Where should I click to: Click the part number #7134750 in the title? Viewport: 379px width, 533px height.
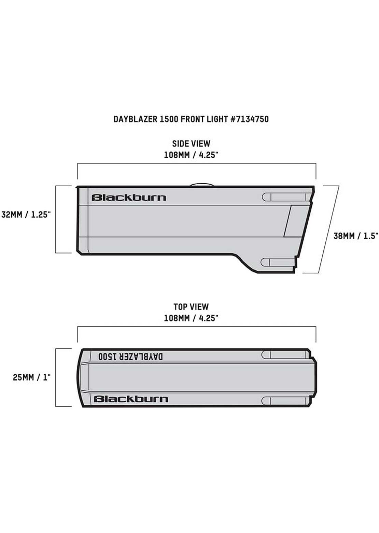click(250, 119)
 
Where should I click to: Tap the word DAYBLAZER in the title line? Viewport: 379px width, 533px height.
click(135, 119)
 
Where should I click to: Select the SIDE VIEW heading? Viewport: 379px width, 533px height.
click(191, 144)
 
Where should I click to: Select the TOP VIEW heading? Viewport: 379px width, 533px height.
click(191, 307)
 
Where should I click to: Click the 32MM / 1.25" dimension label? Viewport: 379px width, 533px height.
click(26, 215)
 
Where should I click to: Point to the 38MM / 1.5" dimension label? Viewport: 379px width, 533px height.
click(356, 236)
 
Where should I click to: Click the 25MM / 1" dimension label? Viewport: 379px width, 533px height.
click(32, 377)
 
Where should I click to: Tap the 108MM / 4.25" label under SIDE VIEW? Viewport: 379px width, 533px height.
click(191, 155)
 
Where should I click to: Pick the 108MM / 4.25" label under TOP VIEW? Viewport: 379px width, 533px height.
click(191, 318)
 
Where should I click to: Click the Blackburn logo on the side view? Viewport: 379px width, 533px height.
click(129, 198)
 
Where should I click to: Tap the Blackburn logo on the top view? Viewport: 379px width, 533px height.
click(131, 399)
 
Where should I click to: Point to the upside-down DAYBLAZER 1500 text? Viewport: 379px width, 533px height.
click(131, 357)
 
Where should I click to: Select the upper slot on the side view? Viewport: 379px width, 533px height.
click(286, 197)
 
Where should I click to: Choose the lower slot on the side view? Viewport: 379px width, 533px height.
click(279, 262)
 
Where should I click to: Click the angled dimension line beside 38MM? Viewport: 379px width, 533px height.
click(329, 229)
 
